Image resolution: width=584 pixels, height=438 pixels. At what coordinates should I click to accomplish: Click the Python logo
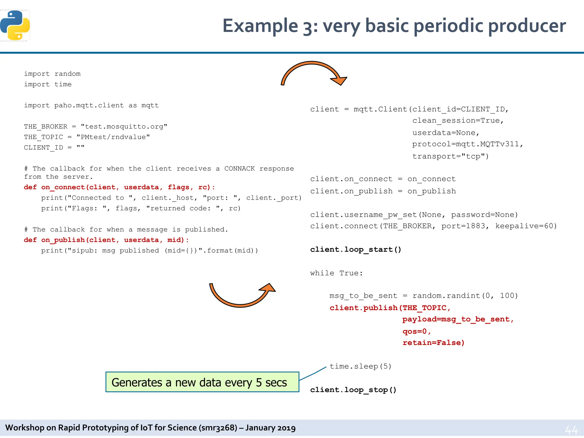pyautogui.click(x=15, y=25)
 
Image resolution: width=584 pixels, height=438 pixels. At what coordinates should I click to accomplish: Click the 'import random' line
pyautogui.click(x=52, y=74)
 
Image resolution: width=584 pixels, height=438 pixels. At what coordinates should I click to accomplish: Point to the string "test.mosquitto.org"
pyautogui.click(x=124, y=127)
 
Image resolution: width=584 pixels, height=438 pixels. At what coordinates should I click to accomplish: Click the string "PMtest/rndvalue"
pyautogui.click(x=113, y=137)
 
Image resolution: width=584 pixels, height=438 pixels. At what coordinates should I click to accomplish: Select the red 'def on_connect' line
pyautogui.click(x=119, y=187)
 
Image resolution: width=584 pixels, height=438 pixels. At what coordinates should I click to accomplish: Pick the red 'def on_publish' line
pyautogui.click(x=106, y=240)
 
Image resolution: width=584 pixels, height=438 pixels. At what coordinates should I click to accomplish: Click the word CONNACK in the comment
pyautogui.click(x=239, y=169)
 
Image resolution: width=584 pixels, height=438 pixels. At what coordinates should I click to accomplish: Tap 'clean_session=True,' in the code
pyautogui.click(x=458, y=121)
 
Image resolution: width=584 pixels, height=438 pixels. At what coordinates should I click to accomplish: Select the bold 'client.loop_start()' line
pyautogui.click(x=356, y=250)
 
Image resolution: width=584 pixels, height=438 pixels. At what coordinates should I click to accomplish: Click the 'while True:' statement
pyautogui.click(x=336, y=273)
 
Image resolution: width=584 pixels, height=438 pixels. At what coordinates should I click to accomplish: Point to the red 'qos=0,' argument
pyautogui.click(x=417, y=331)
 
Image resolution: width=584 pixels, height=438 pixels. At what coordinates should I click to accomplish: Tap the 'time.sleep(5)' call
pyautogui.click(x=360, y=366)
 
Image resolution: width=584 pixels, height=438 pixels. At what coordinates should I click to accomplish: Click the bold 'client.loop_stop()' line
pyautogui.click(x=353, y=390)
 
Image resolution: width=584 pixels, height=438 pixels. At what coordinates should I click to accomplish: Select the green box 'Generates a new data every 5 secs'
pyautogui.click(x=202, y=382)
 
